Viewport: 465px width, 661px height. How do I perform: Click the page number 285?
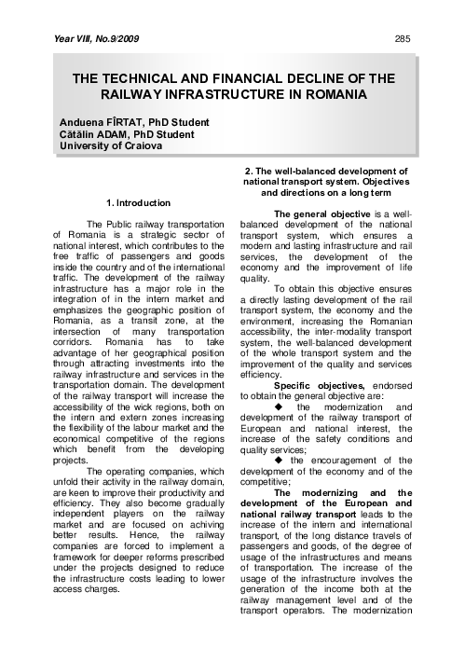pyautogui.click(x=403, y=38)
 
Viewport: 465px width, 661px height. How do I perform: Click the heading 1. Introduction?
pyautogui.click(x=139, y=202)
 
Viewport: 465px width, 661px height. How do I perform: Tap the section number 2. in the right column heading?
pyautogui.click(x=248, y=171)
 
